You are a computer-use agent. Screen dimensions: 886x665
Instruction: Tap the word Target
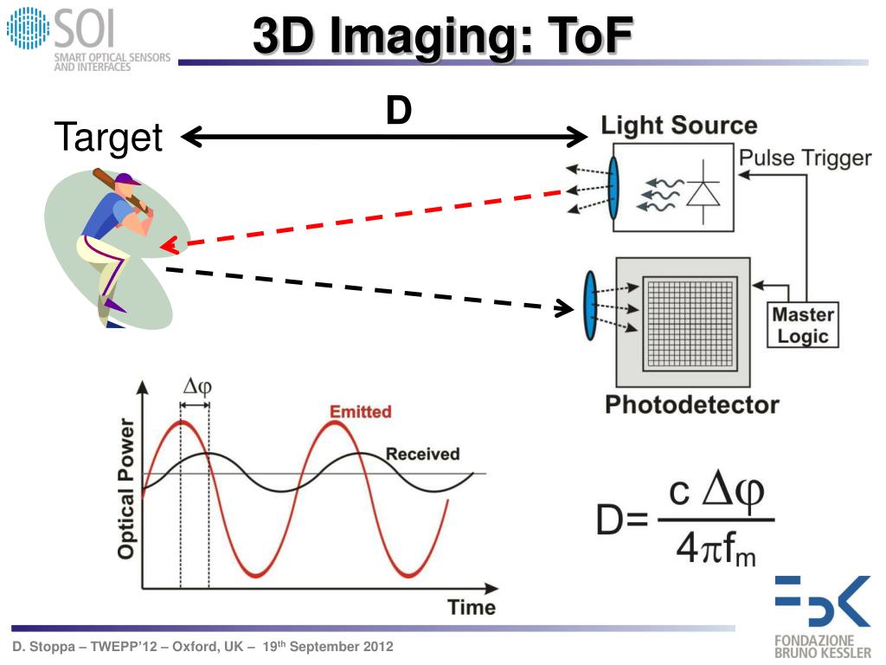108,137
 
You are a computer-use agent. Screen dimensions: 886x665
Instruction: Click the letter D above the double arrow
398,111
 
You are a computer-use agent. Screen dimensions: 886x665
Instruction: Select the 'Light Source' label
679,126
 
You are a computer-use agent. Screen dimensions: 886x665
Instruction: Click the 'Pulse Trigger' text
804,158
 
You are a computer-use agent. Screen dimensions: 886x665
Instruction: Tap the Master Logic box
802,326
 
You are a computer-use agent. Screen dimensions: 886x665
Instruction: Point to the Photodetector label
691,404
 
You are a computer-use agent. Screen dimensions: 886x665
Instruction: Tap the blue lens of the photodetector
590,306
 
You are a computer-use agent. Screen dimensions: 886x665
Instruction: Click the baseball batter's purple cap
127,181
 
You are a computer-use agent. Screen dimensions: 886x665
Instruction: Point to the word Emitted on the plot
360,411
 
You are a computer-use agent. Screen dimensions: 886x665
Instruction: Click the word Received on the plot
422,454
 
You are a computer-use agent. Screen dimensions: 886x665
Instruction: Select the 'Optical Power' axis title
126,488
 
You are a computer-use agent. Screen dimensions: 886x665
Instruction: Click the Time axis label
472,607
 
